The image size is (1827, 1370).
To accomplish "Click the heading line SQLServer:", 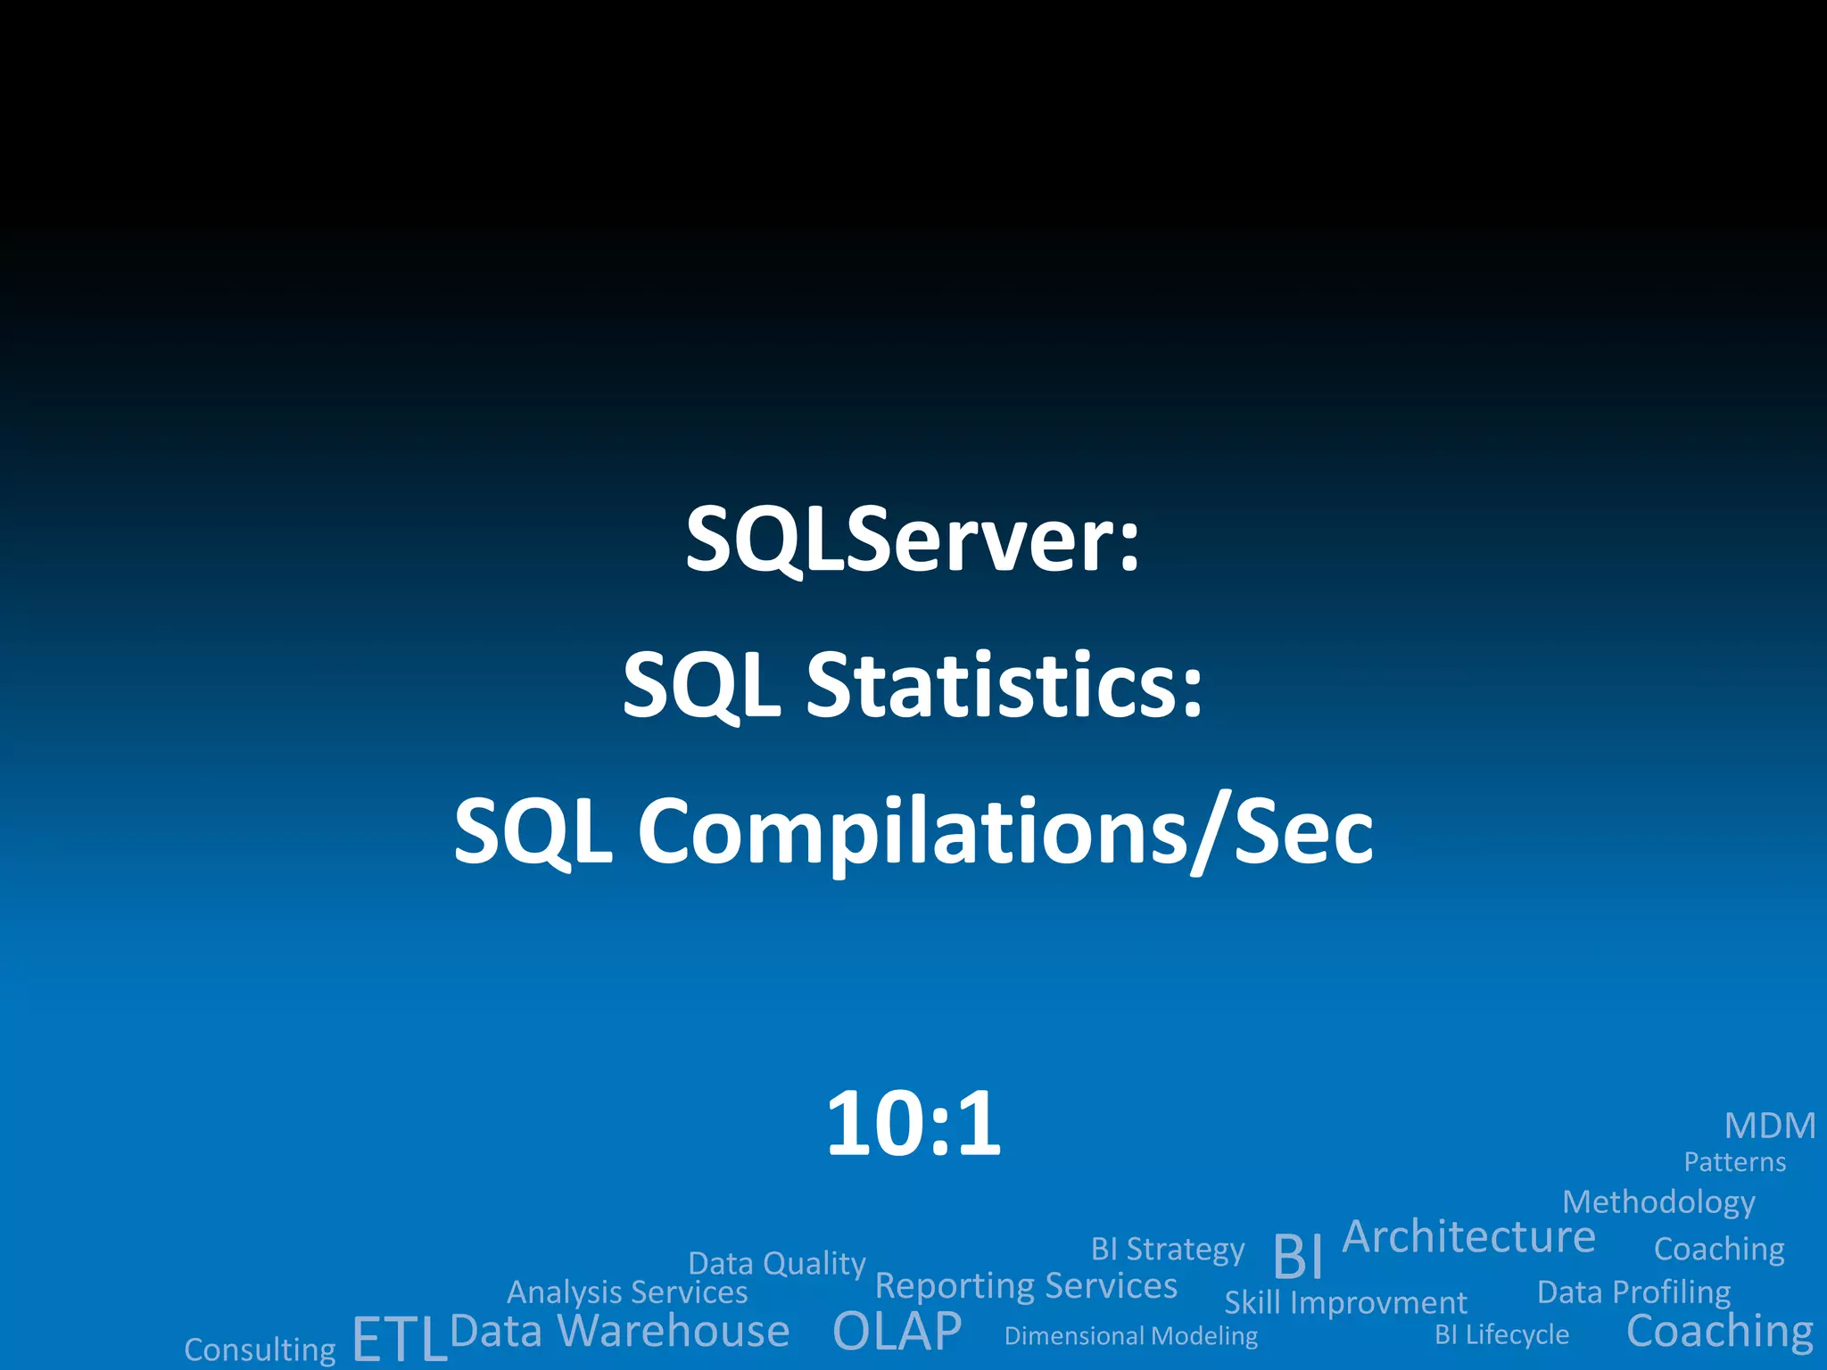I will click(913, 541).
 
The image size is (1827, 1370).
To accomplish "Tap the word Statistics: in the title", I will click(1004, 685).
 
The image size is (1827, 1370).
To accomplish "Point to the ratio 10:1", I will click(913, 1124).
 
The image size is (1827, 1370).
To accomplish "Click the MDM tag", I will click(1770, 1127).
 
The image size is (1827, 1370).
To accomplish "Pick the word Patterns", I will click(1734, 1162).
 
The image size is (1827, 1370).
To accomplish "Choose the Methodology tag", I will click(1658, 1203).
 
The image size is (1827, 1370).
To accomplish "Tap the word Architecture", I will click(1468, 1237).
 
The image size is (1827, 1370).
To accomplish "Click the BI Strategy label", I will click(1167, 1250).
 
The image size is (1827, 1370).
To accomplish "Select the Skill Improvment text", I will click(1345, 1303).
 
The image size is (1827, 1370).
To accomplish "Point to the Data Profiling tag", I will click(1633, 1292).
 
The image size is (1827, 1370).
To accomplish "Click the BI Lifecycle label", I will click(1501, 1334).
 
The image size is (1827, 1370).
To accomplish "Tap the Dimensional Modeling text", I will click(1130, 1336).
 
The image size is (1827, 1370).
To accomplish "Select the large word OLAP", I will click(897, 1332).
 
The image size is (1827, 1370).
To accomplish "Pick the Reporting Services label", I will click(1026, 1286).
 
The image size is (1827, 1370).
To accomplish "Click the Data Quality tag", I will click(777, 1264).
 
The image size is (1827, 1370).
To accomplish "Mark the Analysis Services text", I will click(627, 1292).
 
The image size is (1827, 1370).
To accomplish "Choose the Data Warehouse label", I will click(620, 1332).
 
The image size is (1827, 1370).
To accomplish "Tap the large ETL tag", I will click(399, 1339).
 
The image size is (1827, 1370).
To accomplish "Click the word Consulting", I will click(260, 1349).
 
